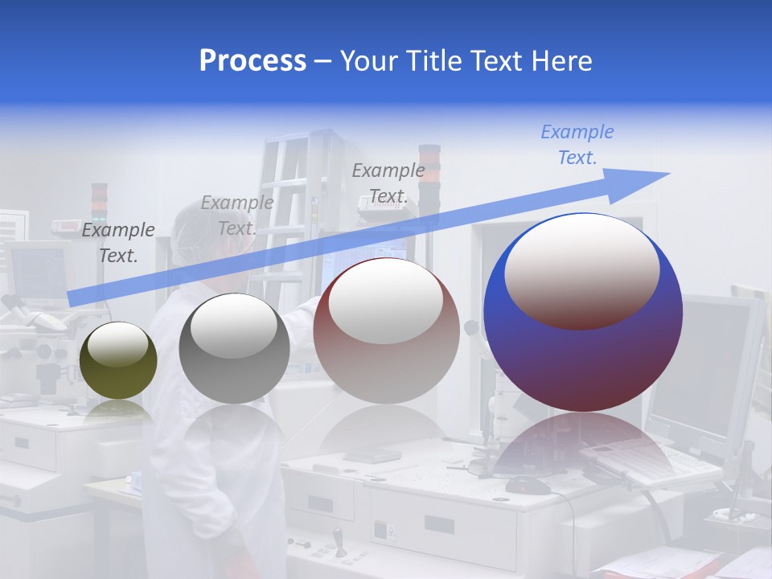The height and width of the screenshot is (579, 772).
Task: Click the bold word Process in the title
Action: coord(253,61)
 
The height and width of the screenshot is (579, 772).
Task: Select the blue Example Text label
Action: coord(577,145)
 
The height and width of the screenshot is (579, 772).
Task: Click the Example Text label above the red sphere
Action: coord(388,183)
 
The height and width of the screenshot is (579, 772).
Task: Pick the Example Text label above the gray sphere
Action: coord(236,216)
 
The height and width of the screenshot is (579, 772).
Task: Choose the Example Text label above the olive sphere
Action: coord(117,242)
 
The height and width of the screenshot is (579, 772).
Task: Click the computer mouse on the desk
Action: coord(528,485)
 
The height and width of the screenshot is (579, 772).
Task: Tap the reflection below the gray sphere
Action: coord(234,434)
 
